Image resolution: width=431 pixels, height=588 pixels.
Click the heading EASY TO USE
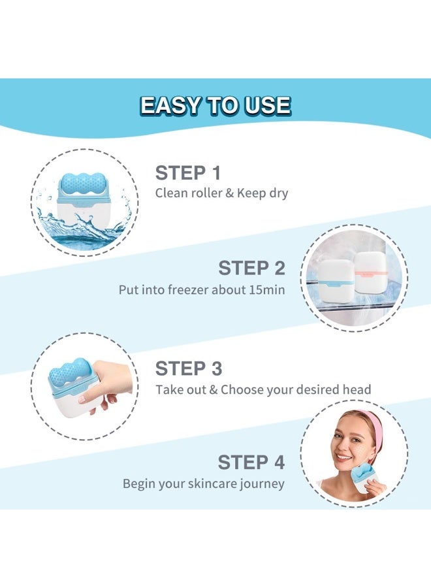click(x=215, y=105)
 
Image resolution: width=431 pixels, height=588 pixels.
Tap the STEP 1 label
click(x=187, y=173)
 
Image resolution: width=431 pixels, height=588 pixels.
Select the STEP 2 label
click(x=251, y=268)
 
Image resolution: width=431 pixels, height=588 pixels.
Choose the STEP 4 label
click(x=251, y=463)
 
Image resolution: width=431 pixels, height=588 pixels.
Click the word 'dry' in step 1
click(x=278, y=193)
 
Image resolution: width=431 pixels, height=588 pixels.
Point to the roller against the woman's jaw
click(x=369, y=482)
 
